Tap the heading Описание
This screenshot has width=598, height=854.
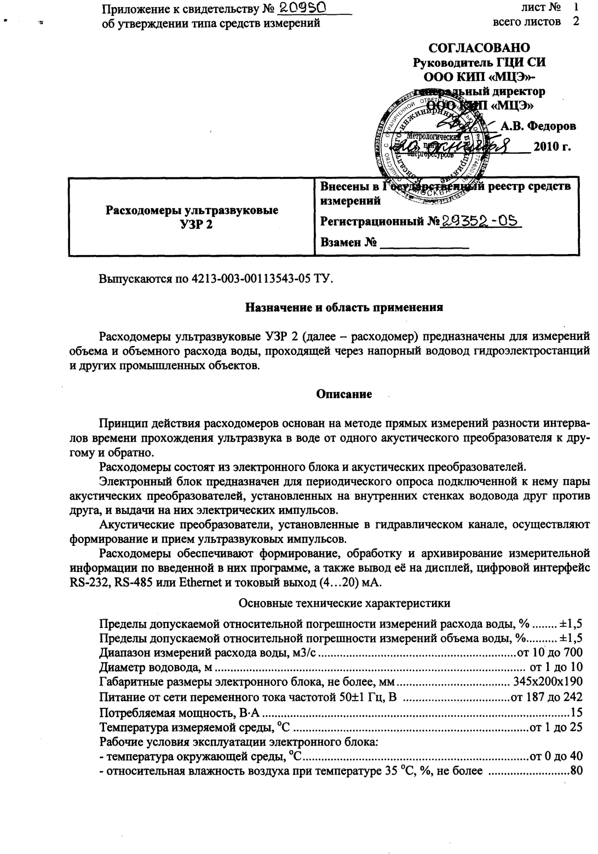[344, 394]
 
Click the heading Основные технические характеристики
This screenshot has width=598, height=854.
[345, 603]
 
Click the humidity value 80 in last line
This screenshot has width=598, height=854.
[576, 771]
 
